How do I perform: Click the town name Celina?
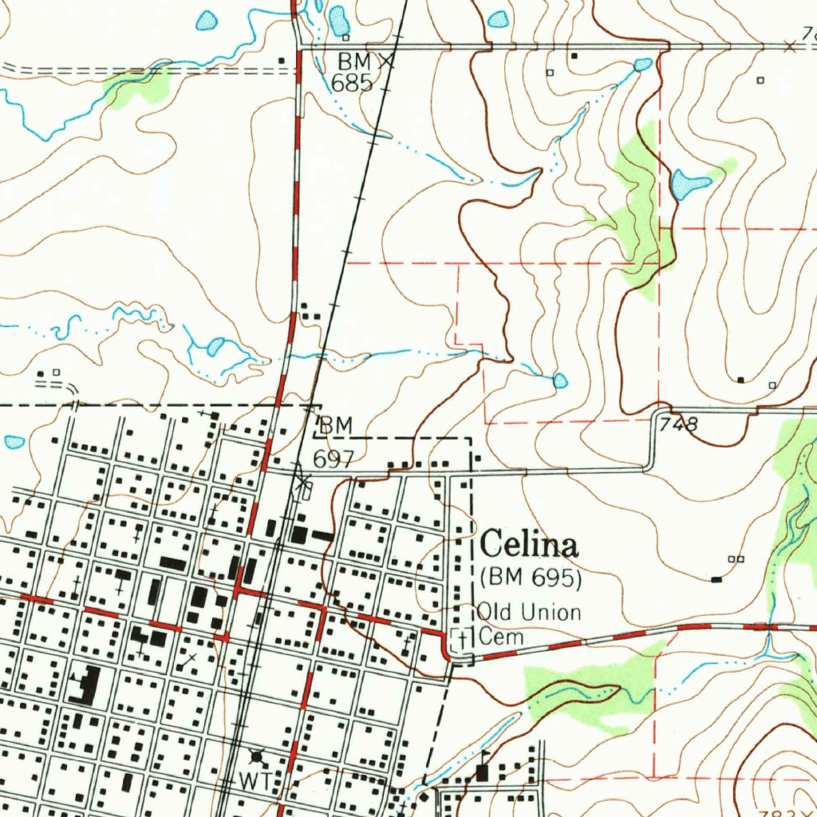(529, 546)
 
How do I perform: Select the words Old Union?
(529, 613)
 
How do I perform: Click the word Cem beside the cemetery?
(501, 637)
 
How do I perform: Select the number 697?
(332, 458)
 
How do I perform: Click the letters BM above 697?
(335, 427)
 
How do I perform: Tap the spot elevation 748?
(679, 424)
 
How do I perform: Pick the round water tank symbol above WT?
(257, 755)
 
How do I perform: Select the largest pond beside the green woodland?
(688, 185)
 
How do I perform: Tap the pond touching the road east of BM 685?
(642, 64)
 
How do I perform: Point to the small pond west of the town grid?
(14, 441)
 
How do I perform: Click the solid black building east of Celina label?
(716, 578)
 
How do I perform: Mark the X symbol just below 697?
(302, 480)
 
